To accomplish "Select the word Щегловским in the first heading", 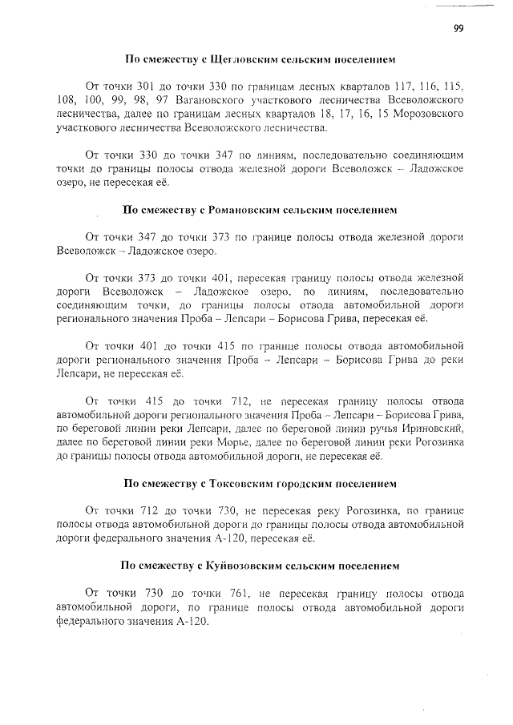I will (231, 60).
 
